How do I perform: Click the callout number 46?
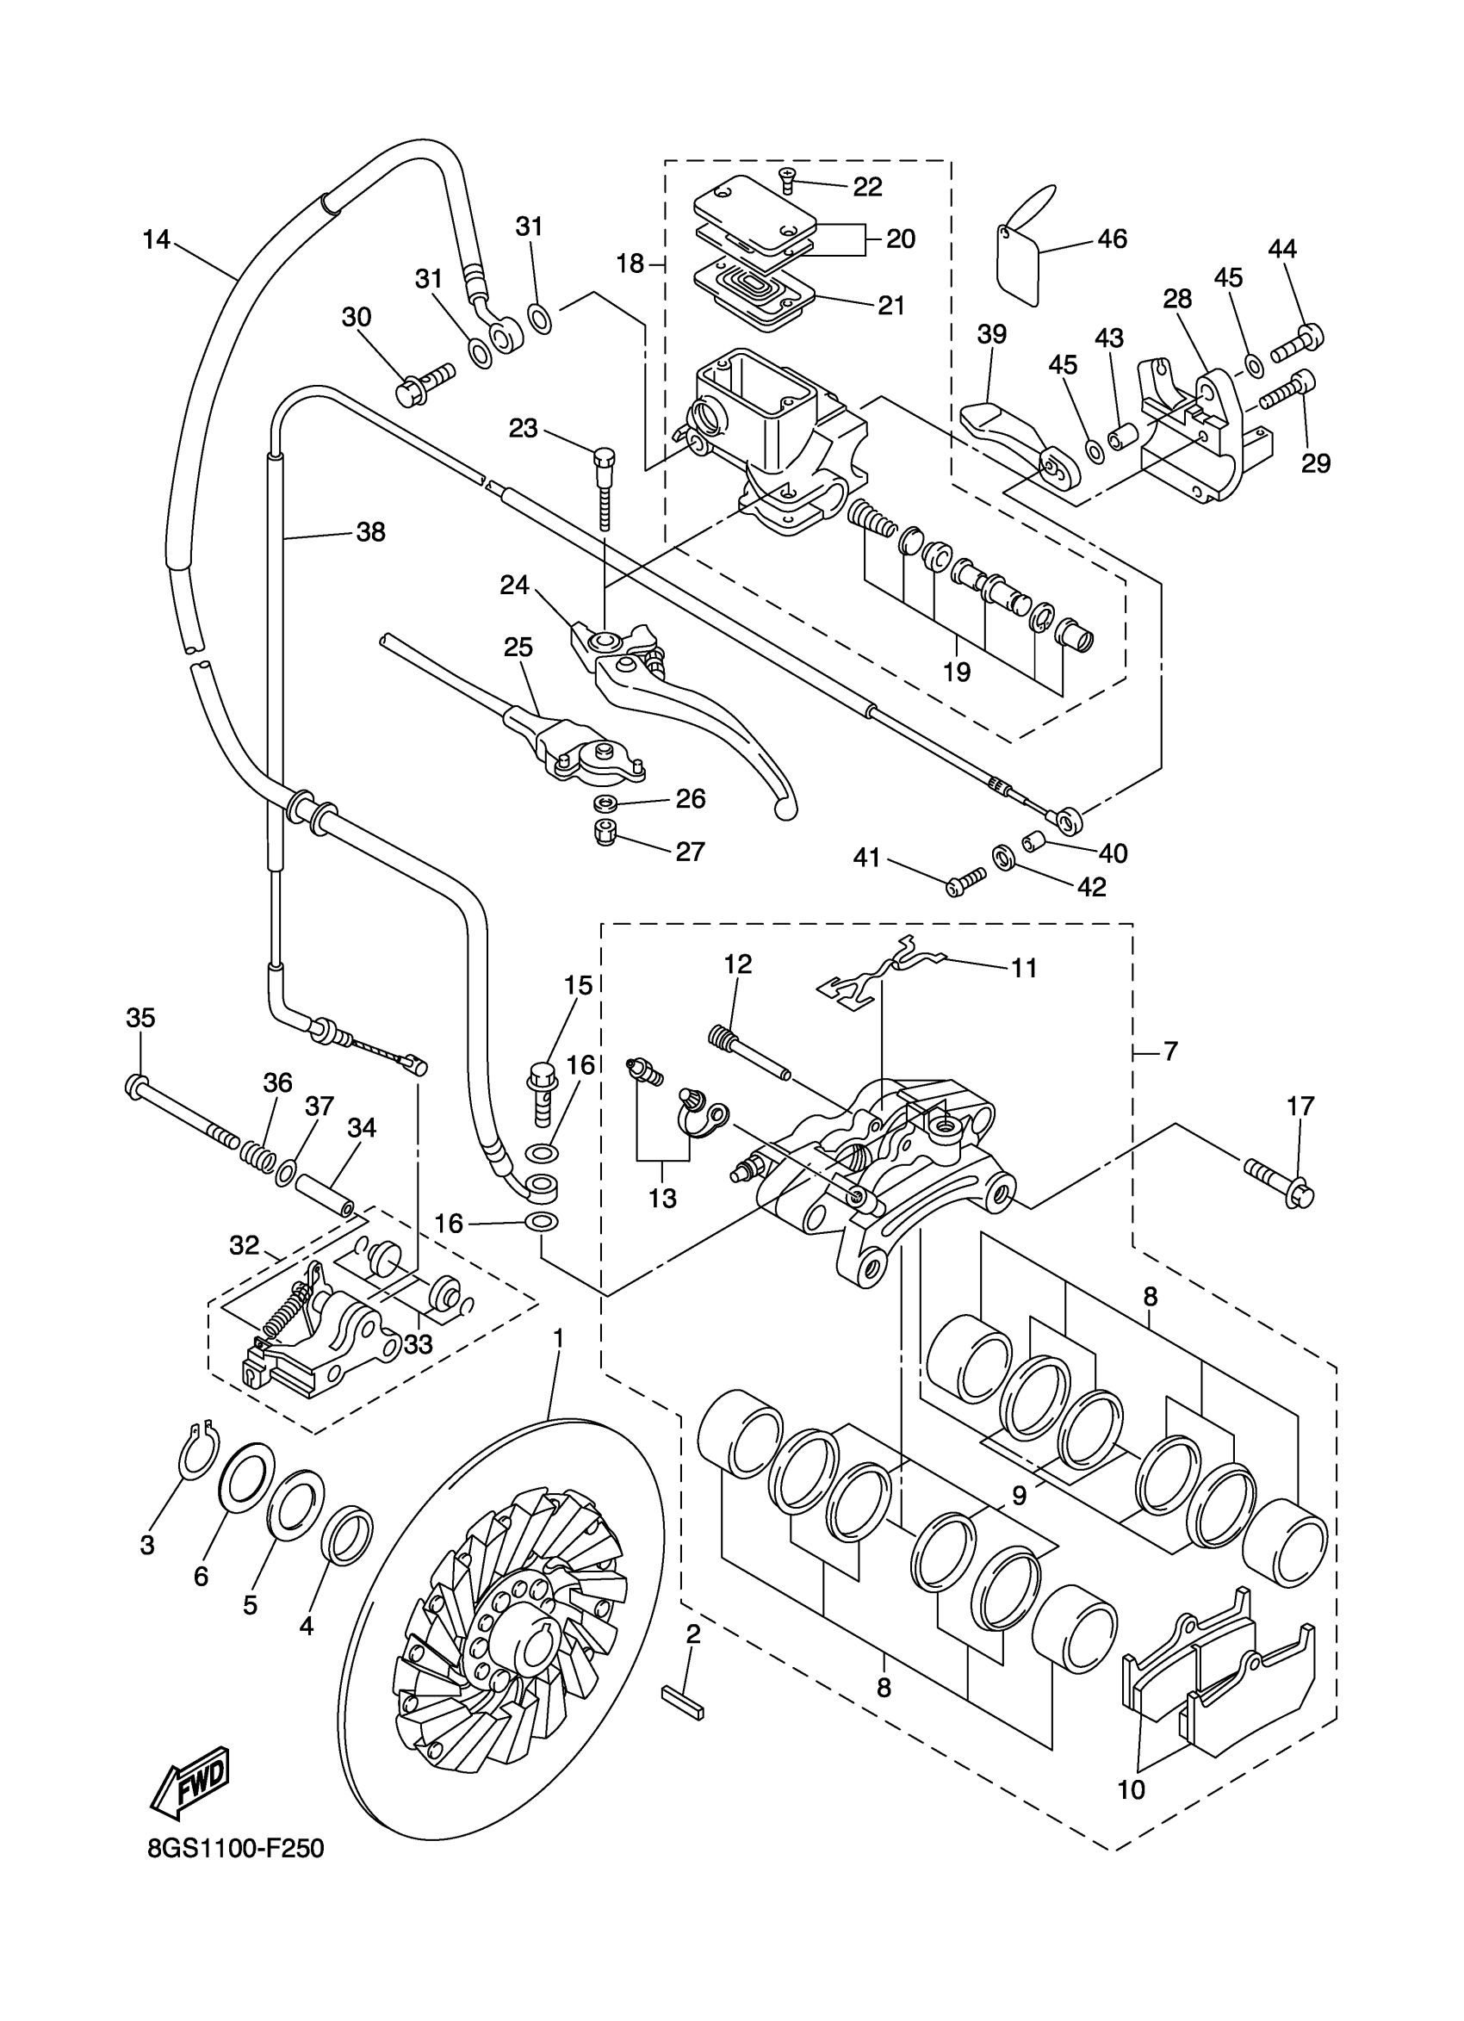[1112, 238]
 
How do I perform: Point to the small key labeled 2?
[684, 1706]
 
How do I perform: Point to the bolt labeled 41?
[965, 882]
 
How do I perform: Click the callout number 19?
[956, 672]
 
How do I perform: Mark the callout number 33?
[418, 1344]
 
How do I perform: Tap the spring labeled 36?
[256, 1155]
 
